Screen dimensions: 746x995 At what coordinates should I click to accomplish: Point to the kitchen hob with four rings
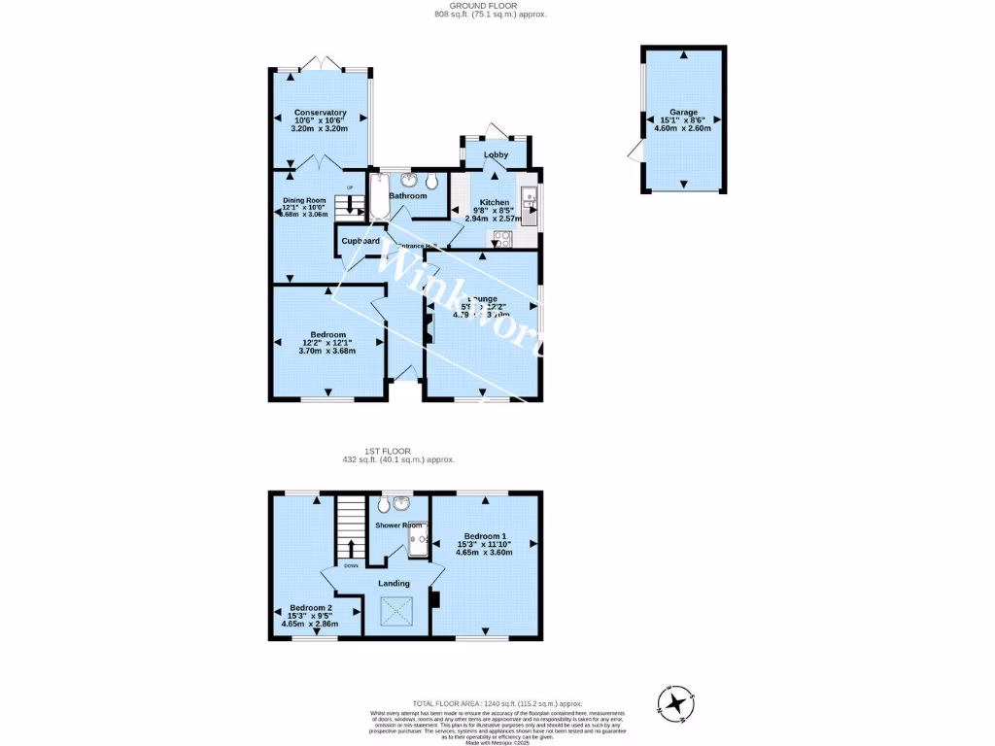point(503,238)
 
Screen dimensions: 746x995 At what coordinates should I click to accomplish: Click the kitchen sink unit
point(529,202)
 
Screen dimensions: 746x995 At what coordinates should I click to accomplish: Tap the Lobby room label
point(496,154)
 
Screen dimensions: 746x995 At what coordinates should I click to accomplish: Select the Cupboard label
point(360,241)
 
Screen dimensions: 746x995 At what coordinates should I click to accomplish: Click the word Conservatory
point(320,113)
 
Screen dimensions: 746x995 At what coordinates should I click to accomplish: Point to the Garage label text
point(683,113)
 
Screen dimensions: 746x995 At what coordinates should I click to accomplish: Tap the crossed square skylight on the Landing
point(395,612)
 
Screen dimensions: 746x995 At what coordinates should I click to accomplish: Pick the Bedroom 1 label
point(484,536)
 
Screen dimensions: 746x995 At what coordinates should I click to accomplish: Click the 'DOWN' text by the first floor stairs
point(351,565)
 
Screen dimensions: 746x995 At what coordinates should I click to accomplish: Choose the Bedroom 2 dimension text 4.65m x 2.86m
point(309,624)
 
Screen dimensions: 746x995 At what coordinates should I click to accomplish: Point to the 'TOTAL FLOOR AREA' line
point(497,702)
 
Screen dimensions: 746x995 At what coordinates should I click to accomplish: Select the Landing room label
point(395,583)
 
